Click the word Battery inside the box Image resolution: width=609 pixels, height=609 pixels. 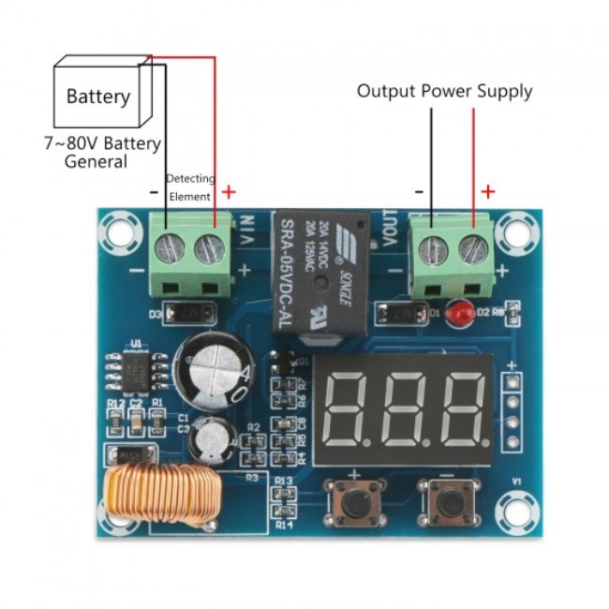(x=98, y=97)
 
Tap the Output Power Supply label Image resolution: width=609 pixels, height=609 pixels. (x=444, y=91)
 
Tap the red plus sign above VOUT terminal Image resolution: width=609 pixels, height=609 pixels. (x=487, y=192)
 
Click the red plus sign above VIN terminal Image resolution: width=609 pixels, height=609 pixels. (x=228, y=192)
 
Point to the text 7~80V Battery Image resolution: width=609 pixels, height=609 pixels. (x=102, y=144)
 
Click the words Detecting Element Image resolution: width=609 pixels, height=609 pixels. (x=190, y=187)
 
